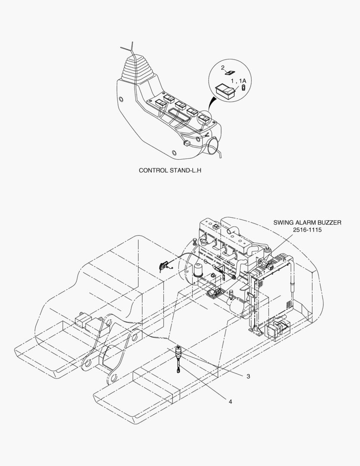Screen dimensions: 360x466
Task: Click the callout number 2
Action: tap(223, 68)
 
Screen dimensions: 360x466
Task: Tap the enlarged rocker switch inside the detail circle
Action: tap(225, 90)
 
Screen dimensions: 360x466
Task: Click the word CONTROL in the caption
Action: tap(153, 170)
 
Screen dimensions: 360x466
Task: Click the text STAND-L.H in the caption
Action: tap(185, 170)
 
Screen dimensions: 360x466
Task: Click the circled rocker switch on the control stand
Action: tap(204, 118)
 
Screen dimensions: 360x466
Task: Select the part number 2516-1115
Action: tap(307, 230)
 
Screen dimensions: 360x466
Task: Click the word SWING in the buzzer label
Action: tap(283, 222)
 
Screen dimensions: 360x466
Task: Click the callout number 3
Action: tap(248, 376)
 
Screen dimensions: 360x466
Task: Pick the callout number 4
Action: tap(230, 402)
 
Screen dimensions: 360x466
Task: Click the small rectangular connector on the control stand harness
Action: tap(187, 143)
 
